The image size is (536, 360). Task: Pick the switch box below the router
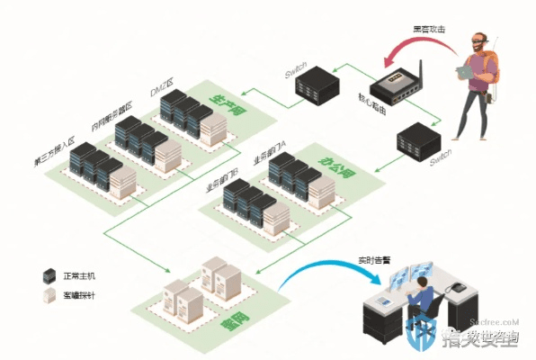coord(418,142)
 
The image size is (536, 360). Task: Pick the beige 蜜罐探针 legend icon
coord(50,295)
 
